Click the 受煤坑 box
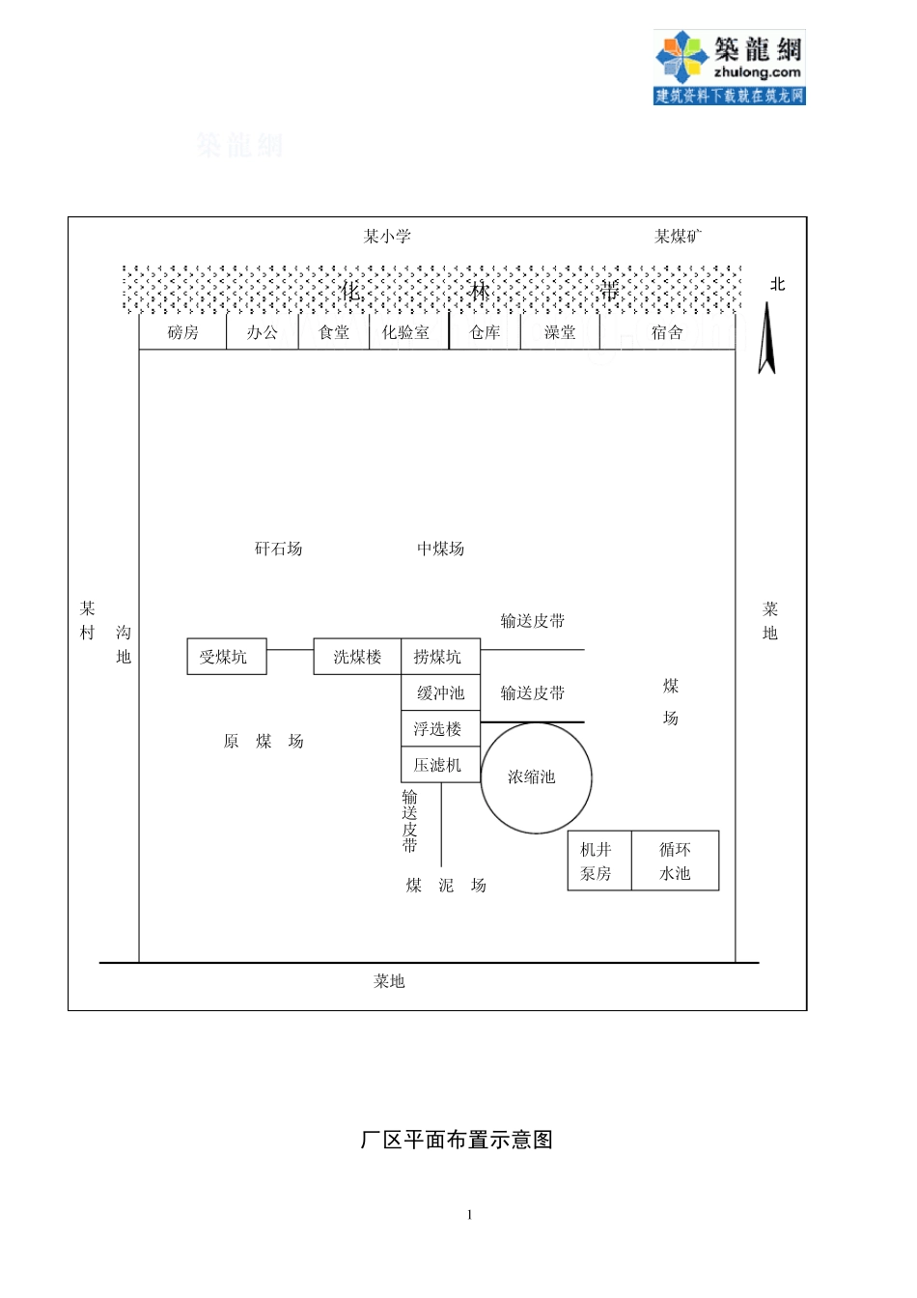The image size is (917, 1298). tap(226, 657)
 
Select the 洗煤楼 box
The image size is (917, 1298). tap(357, 657)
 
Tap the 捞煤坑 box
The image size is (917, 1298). tap(440, 657)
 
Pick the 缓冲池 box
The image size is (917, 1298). tap(440, 692)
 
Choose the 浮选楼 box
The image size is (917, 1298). tap(440, 728)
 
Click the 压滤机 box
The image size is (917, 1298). tap(440, 764)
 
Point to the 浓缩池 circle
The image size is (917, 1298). tap(535, 777)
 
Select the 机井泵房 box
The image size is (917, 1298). tap(598, 861)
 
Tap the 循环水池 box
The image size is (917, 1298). tap(675, 861)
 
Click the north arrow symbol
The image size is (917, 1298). tap(767, 338)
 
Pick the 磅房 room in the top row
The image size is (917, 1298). tap(182, 333)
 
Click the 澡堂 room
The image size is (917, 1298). tap(560, 333)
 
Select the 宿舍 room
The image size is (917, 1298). tap(667, 333)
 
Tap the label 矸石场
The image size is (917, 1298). tap(278, 549)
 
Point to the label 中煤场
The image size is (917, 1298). tap(440, 549)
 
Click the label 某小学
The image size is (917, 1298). tap(387, 237)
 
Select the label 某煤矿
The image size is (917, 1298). tap(679, 237)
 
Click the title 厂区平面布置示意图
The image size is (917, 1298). tap(457, 1140)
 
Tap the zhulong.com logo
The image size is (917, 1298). tap(729, 67)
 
